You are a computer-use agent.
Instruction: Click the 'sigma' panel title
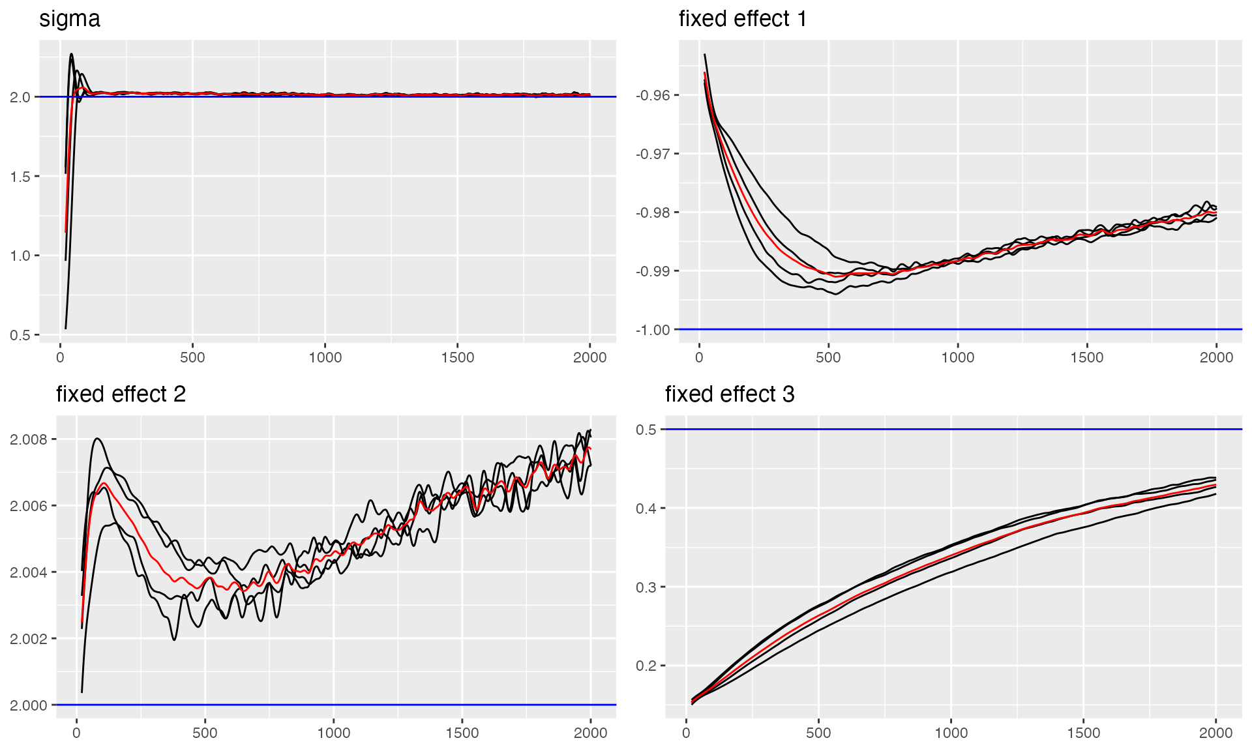pyautogui.click(x=70, y=19)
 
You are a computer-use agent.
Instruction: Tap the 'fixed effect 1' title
pyautogui.click(x=743, y=19)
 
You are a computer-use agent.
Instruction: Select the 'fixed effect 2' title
pyautogui.click(x=121, y=394)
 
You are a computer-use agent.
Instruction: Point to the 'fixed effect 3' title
pyautogui.click(x=730, y=394)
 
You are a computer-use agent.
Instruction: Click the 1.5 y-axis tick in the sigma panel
pyautogui.click(x=21, y=177)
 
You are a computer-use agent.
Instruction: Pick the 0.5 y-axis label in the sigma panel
pyautogui.click(x=21, y=335)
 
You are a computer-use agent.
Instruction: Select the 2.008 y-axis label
pyautogui.click(x=29, y=439)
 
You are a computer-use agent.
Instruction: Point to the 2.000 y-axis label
pyautogui.click(x=29, y=705)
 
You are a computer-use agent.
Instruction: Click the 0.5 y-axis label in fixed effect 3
pyautogui.click(x=646, y=430)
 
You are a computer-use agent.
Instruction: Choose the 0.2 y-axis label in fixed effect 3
pyautogui.click(x=646, y=666)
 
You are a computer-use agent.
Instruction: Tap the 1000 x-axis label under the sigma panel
pyautogui.click(x=325, y=357)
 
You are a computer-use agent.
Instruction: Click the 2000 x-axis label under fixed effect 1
pyautogui.click(x=1216, y=357)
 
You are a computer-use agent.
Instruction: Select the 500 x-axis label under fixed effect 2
pyautogui.click(x=205, y=733)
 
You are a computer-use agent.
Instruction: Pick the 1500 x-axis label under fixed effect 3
pyautogui.click(x=1083, y=733)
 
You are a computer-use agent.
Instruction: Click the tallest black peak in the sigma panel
pyautogui.click(x=71, y=55)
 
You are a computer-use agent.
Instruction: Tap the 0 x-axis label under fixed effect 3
pyautogui.click(x=686, y=733)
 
